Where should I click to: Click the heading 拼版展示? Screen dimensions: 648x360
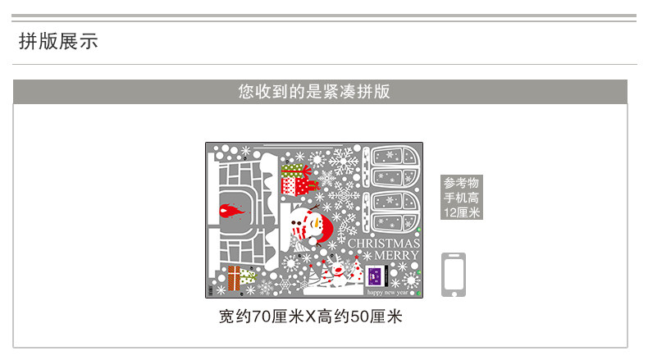(58, 41)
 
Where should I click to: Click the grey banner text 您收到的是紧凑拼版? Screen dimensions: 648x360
(314, 91)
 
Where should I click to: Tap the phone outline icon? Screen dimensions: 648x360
(454, 274)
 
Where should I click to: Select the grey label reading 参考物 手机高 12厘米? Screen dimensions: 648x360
(462, 198)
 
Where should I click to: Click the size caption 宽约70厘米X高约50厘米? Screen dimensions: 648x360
(311, 317)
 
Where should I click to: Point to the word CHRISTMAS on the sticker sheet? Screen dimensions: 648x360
(384, 244)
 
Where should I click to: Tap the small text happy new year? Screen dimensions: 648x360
(391, 291)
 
